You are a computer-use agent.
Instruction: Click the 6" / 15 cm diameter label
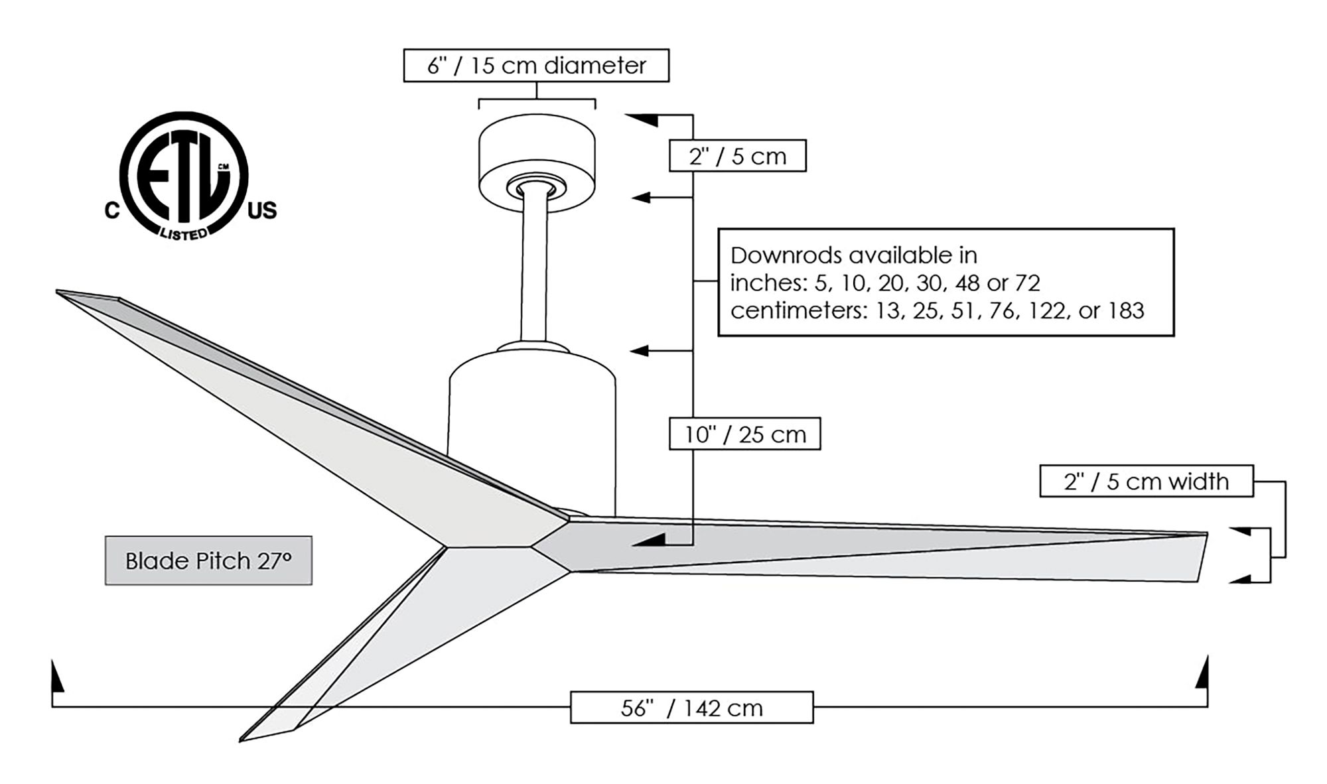(536, 66)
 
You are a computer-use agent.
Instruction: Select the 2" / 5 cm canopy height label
(737, 157)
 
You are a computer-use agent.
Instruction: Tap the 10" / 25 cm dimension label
(744, 434)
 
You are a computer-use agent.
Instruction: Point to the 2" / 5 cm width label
(1146, 482)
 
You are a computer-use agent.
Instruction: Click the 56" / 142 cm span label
(691, 708)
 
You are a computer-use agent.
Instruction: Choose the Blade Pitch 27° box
(208, 561)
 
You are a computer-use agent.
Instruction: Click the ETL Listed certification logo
(184, 176)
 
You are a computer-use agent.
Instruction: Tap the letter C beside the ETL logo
(112, 211)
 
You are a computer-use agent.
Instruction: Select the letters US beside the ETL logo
(262, 211)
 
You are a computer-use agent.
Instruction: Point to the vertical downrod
(534, 272)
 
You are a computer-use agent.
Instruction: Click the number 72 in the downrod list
(1027, 283)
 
